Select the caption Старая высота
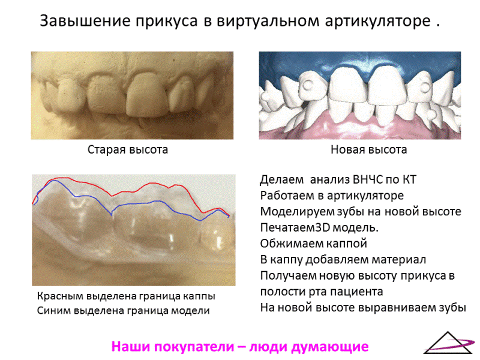pyautogui.click(x=128, y=149)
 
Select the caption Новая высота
pyautogui.click(x=369, y=149)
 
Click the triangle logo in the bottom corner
pyautogui.click(x=448, y=343)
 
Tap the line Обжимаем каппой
pyautogui.click(x=313, y=244)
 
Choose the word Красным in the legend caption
pyautogui.click(x=59, y=296)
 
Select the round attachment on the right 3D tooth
pyautogui.click(x=425, y=86)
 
